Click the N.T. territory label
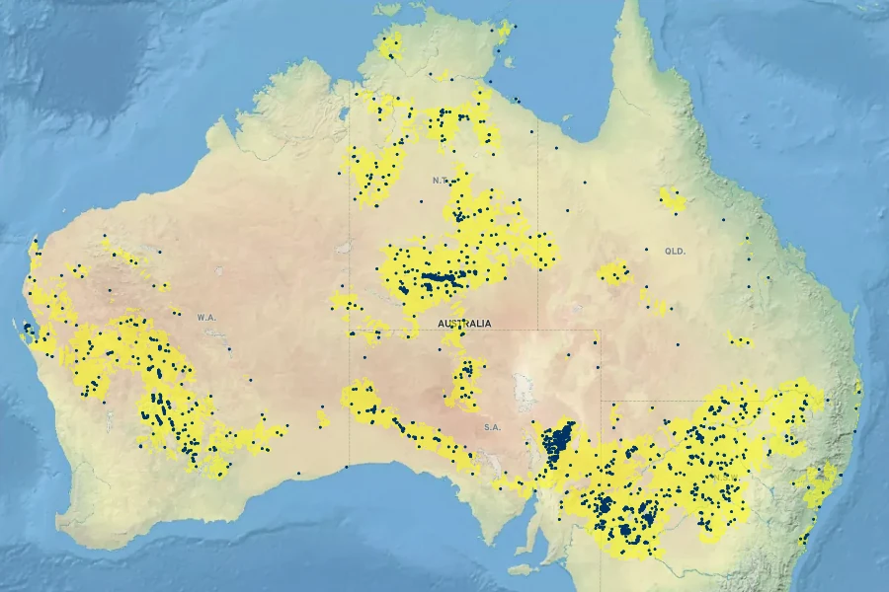(x=441, y=181)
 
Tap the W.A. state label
(x=205, y=318)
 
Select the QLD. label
(x=676, y=252)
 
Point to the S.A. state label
(x=492, y=427)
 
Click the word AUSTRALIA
(x=463, y=323)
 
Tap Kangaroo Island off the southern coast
(x=524, y=569)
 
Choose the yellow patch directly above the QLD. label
(x=673, y=200)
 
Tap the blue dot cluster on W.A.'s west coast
(x=28, y=329)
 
